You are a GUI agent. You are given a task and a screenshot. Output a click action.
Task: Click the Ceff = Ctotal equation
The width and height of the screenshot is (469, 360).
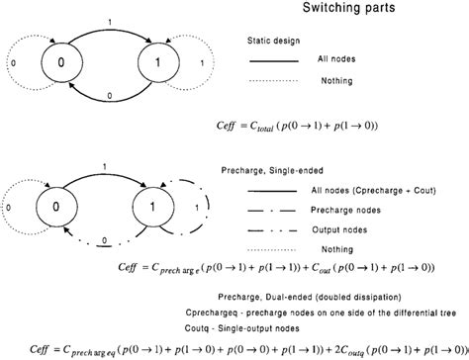(298, 127)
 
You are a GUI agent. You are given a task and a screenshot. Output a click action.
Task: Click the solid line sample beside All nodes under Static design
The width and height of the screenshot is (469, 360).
(280, 62)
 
